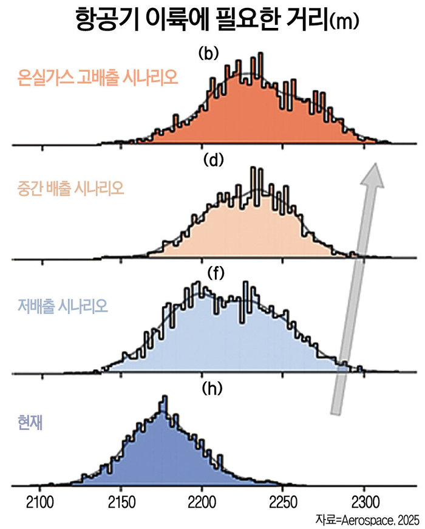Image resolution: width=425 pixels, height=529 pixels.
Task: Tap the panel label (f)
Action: click(x=216, y=273)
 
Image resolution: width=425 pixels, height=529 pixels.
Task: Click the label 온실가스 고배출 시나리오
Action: click(x=97, y=78)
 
